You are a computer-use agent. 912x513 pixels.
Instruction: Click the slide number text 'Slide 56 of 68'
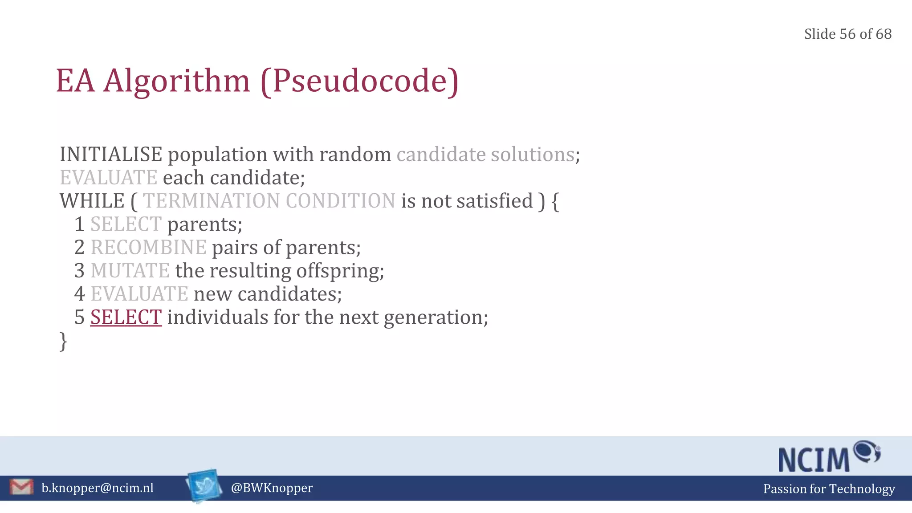pos(847,34)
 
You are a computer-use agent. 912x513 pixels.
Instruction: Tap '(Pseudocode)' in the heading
pos(359,81)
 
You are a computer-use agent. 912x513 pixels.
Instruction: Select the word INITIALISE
pos(111,155)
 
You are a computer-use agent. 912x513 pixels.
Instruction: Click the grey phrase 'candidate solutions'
pos(485,155)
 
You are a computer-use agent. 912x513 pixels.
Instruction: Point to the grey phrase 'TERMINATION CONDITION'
pos(269,201)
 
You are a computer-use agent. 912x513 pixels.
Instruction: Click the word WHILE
pos(92,201)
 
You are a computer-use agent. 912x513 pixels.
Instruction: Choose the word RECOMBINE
pos(148,248)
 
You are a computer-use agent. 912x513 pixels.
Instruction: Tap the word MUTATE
pos(130,271)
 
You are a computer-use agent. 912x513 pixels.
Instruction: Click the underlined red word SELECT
pos(126,317)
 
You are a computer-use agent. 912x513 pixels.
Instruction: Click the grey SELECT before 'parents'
pos(126,224)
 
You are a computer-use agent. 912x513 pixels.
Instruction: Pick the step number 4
pos(80,294)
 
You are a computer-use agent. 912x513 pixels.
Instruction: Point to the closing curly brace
pos(63,342)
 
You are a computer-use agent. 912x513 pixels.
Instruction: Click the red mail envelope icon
pos(21,487)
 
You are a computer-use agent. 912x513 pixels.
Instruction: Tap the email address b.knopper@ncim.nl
pos(98,488)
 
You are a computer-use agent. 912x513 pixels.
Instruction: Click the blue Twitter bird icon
pos(204,486)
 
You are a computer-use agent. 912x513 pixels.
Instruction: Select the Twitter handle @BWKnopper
pos(272,488)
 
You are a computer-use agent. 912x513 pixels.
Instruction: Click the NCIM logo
pos(828,457)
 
